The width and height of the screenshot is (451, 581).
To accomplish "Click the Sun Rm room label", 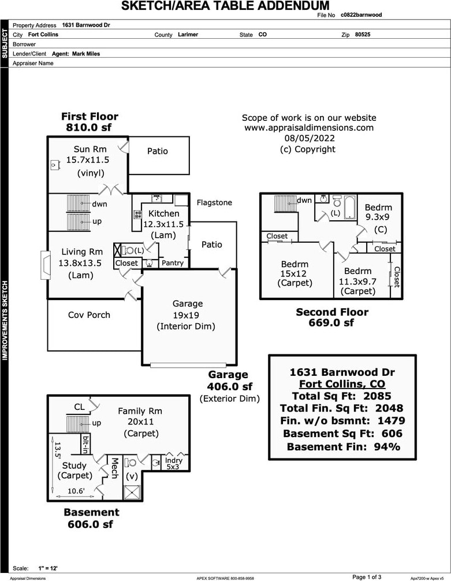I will coord(90,149).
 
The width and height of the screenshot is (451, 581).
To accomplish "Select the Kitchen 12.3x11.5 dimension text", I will coord(163,224).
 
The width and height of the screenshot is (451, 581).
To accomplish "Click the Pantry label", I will coord(172,263).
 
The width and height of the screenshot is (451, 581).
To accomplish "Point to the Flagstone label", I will coord(214,202).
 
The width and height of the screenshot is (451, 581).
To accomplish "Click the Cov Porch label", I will coord(89,315).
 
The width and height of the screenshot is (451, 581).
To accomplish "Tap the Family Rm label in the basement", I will coord(140,411).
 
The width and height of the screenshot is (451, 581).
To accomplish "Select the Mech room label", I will coord(114,468).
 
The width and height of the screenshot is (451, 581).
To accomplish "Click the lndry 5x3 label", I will coord(173,463).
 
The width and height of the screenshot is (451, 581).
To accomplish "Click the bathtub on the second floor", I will coord(350,208).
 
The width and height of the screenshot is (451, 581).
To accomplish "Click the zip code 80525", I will coord(363,35).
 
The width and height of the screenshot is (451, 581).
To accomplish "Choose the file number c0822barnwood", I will coord(361,15).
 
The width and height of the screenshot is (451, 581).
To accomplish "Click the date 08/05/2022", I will coord(309,138).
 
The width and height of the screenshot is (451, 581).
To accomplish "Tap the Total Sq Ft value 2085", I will coord(378,396).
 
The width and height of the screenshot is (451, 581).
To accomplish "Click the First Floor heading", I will coord(90,117).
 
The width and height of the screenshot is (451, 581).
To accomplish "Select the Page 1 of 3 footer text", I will coord(367,576).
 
